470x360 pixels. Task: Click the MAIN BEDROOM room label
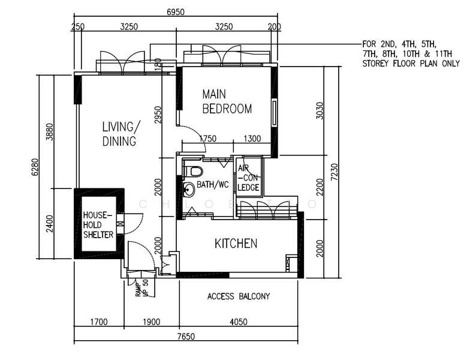227,101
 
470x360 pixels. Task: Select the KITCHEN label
236,244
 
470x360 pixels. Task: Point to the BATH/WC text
212,184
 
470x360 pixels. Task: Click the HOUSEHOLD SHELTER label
98,224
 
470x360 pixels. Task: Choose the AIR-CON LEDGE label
248,178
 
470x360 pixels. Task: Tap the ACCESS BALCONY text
239,296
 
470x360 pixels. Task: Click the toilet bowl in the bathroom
193,172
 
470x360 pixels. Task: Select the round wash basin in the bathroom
189,189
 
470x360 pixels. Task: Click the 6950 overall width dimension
176,12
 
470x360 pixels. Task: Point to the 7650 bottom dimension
186,336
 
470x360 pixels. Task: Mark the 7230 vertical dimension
335,172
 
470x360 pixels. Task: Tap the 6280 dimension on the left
35,167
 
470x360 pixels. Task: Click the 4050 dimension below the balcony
239,322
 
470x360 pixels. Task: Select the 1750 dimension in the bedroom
207,139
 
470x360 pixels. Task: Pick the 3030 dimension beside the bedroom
320,110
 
